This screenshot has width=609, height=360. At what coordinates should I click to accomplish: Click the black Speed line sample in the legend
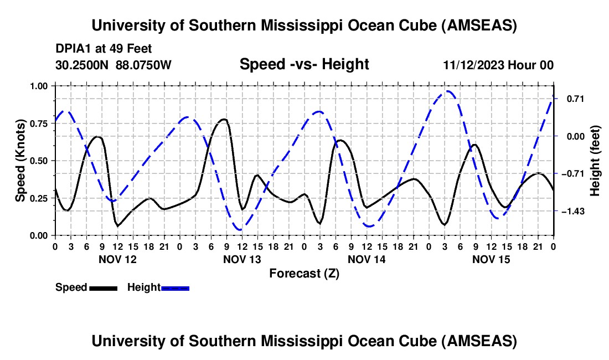click(x=102, y=288)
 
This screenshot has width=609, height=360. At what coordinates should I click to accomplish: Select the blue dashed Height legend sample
click(x=175, y=288)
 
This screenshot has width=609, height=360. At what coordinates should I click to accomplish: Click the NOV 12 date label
click(x=117, y=259)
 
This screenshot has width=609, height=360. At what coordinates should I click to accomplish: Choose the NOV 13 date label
click(x=242, y=259)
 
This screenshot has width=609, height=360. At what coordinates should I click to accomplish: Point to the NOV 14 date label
click(x=367, y=259)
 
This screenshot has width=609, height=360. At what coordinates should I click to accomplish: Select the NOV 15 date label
click(x=491, y=259)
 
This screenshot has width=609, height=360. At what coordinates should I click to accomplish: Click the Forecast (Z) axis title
click(x=304, y=273)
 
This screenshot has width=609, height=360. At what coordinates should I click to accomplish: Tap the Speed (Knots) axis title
click(x=20, y=161)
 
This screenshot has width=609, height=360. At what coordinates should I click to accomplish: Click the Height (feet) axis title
click(x=596, y=161)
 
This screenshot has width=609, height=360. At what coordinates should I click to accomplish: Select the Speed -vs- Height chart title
click(x=304, y=64)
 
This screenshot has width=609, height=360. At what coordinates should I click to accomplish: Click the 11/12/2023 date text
click(x=473, y=65)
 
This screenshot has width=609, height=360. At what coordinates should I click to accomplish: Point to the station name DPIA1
click(x=72, y=49)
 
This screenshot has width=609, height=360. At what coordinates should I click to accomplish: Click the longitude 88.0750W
click(x=144, y=65)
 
